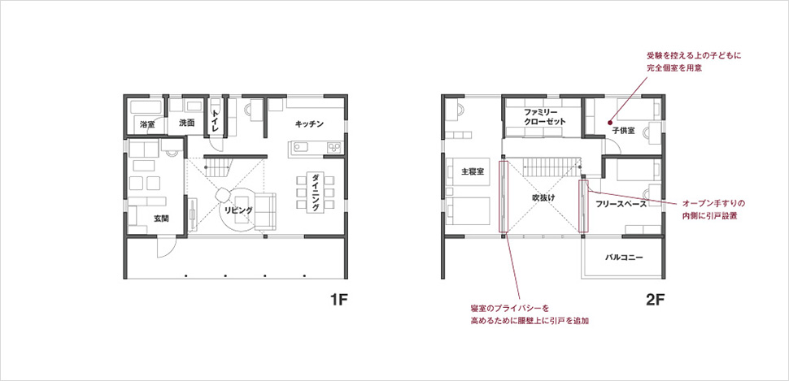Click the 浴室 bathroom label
point(147,123)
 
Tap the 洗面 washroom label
point(187,123)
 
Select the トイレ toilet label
point(215,120)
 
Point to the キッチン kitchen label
point(309,123)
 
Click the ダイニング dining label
point(315,193)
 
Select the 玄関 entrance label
point(161,219)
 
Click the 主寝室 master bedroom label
point(473,171)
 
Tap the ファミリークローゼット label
point(545,117)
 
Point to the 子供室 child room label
point(623,131)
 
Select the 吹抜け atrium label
point(543,197)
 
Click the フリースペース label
point(621,204)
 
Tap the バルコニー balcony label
point(623,258)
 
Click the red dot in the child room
point(609,121)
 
